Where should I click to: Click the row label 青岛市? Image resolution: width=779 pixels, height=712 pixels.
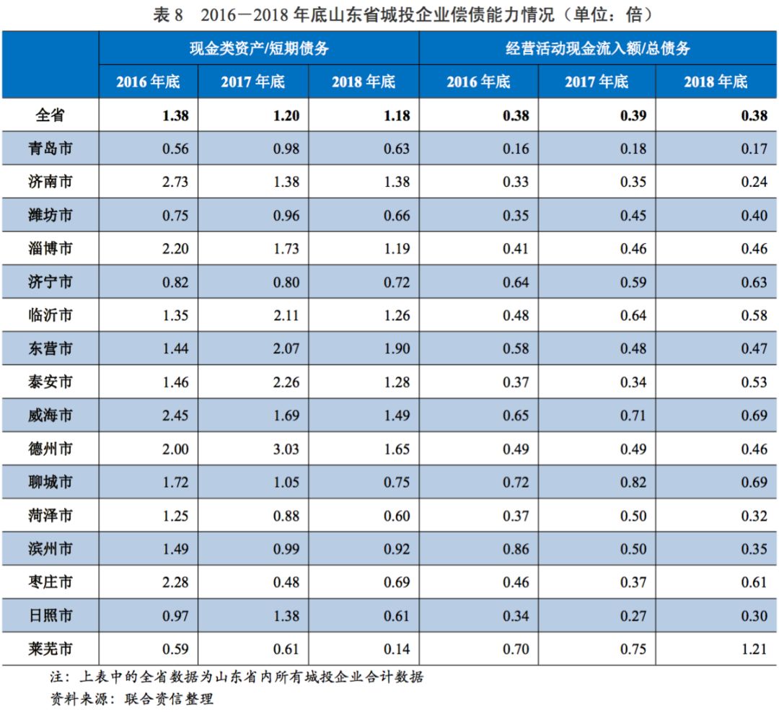click(x=55, y=149)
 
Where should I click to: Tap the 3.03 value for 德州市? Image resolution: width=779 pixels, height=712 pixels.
click(x=286, y=449)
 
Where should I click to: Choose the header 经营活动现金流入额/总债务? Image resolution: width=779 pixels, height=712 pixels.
click(x=597, y=48)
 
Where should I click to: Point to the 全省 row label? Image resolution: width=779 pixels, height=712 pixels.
click(x=55, y=115)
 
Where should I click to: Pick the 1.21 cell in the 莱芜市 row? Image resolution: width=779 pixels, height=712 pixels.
click(x=754, y=649)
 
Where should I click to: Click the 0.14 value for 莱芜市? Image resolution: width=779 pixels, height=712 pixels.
click(x=397, y=649)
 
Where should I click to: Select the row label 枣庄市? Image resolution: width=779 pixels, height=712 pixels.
click(x=55, y=583)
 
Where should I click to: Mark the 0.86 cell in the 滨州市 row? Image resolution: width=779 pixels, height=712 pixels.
click(x=516, y=549)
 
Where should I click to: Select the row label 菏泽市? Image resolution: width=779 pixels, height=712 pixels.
click(x=55, y=516)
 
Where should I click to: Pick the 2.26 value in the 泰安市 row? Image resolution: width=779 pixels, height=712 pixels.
click(x=286, y=382)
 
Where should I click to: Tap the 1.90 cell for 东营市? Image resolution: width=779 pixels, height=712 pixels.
click(x=397, y=349)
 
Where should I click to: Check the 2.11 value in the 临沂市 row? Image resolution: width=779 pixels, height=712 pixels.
click(x=286, y=316)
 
